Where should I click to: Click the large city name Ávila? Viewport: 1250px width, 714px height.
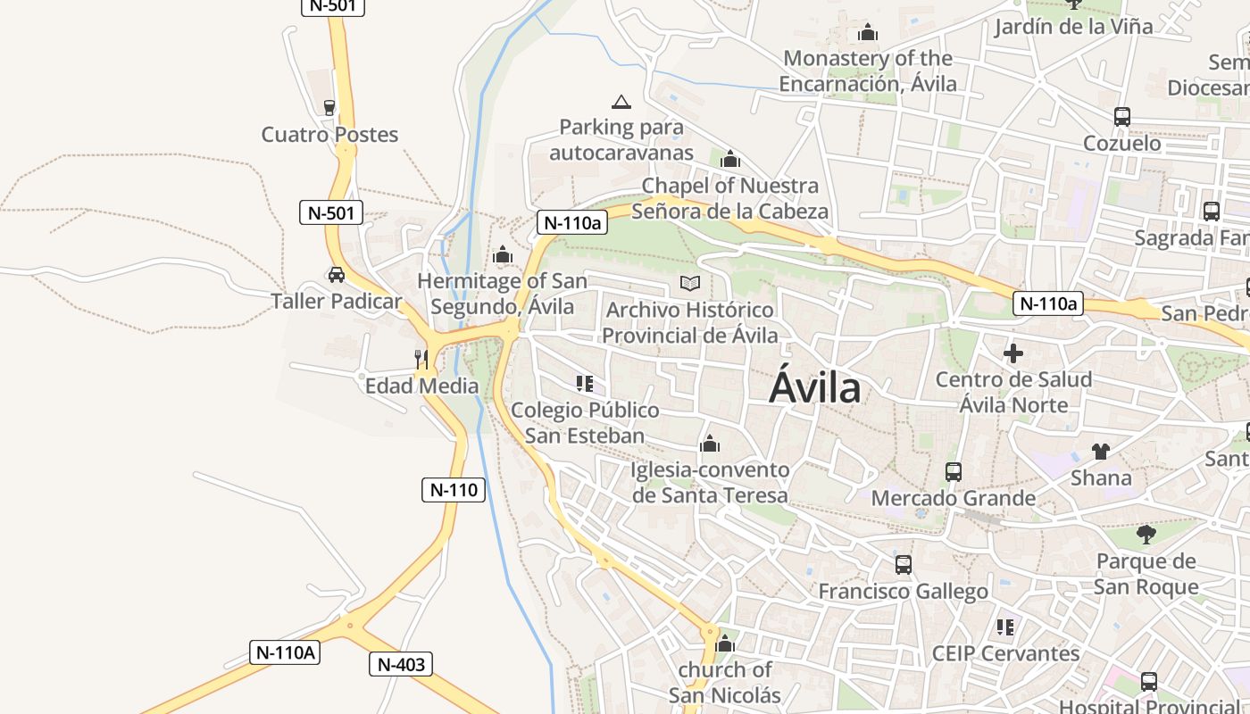(x=815, y=388)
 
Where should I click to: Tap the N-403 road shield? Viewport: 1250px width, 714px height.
(x=401, y=664)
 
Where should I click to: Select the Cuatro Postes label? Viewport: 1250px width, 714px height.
(x=329, y=135)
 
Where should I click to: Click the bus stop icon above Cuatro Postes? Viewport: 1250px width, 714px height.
(x=329, y=108)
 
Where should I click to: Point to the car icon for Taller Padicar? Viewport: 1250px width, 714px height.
(x=337, y=275)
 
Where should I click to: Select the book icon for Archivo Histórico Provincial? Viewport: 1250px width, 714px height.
(x=690, y=284)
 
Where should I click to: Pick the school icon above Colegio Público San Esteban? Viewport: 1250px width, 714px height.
(x=585, y=384)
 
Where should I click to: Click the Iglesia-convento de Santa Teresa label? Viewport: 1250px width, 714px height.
(x=710, y=482)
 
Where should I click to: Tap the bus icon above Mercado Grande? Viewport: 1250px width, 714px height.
(x=954, y=471)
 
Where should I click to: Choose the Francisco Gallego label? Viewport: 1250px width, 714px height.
(x=904, y=591)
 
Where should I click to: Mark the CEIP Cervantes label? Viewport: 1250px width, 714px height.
(x=1005, y=653)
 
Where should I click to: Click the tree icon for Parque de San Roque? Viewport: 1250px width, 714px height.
(x=1146, y=535)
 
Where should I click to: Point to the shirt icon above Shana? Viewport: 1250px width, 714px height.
(x=1101, y=451)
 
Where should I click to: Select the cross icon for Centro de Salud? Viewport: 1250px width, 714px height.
(x=1013, y=353)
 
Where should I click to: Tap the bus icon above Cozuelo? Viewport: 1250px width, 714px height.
(x=1122, y=117)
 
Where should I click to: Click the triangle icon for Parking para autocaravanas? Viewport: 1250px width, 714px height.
(x=621, y=102)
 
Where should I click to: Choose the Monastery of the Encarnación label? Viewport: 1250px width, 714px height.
(x=868, y=71)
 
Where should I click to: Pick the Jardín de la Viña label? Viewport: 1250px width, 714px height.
(x=1074, y=26)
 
